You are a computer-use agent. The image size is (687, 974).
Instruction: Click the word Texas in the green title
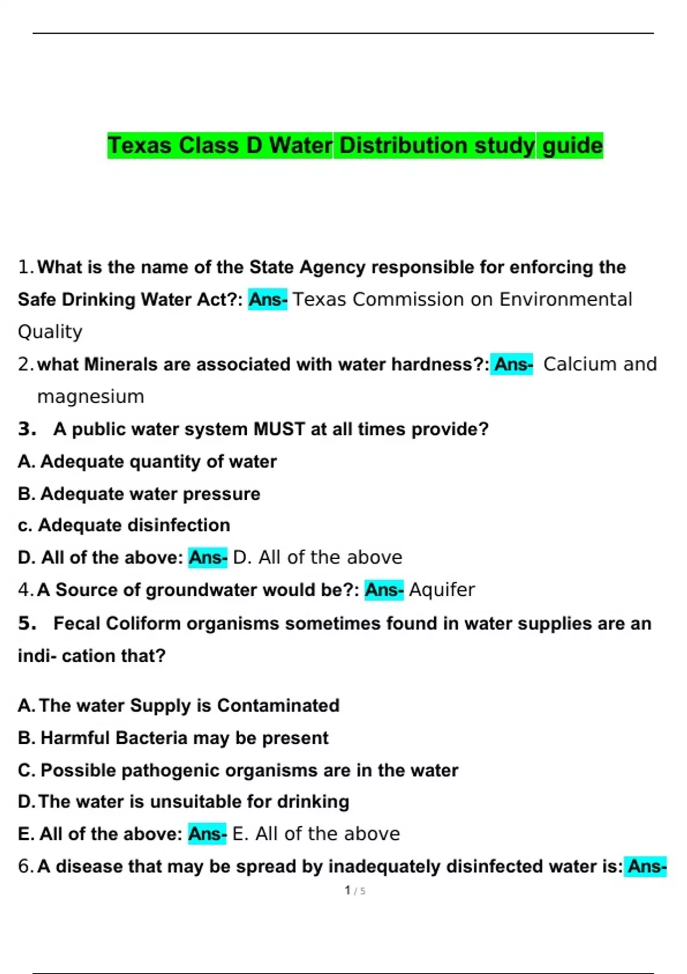click(140, 146)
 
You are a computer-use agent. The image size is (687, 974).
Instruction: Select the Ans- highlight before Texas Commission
click(267, 300)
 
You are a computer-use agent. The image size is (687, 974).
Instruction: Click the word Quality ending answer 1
click(50, 332)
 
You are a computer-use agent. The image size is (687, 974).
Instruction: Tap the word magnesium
click(90, 396)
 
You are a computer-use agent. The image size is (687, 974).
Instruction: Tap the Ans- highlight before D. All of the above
click(208, 557)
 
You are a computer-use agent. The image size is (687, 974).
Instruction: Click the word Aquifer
click(442, 590)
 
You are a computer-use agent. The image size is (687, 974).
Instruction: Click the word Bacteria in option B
click(151, 738)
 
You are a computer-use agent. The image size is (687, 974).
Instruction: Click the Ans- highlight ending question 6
click(646, 866)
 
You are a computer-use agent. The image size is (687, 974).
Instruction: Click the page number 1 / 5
click(355, 891)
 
